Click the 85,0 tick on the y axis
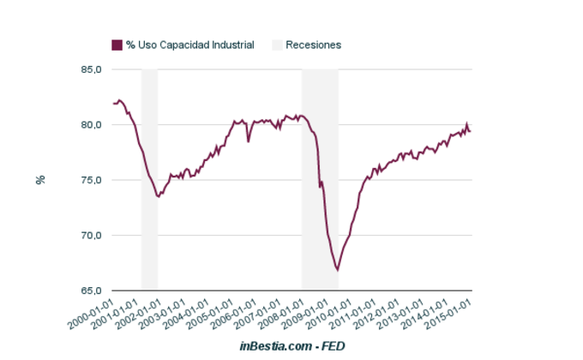click(91, 69)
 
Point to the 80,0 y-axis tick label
click(91, 124)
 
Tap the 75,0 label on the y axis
click(91, 180)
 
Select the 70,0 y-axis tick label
click(91, 235)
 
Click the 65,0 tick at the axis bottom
click(91, 291)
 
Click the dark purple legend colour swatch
click(117, 45)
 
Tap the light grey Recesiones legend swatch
click(277, 45)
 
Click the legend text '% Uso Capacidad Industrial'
click(189, 45)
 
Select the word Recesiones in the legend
click(314, 45)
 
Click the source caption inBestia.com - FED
click(291, 345)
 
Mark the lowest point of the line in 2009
click(338, 270)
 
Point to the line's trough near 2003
click(158, 196)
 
